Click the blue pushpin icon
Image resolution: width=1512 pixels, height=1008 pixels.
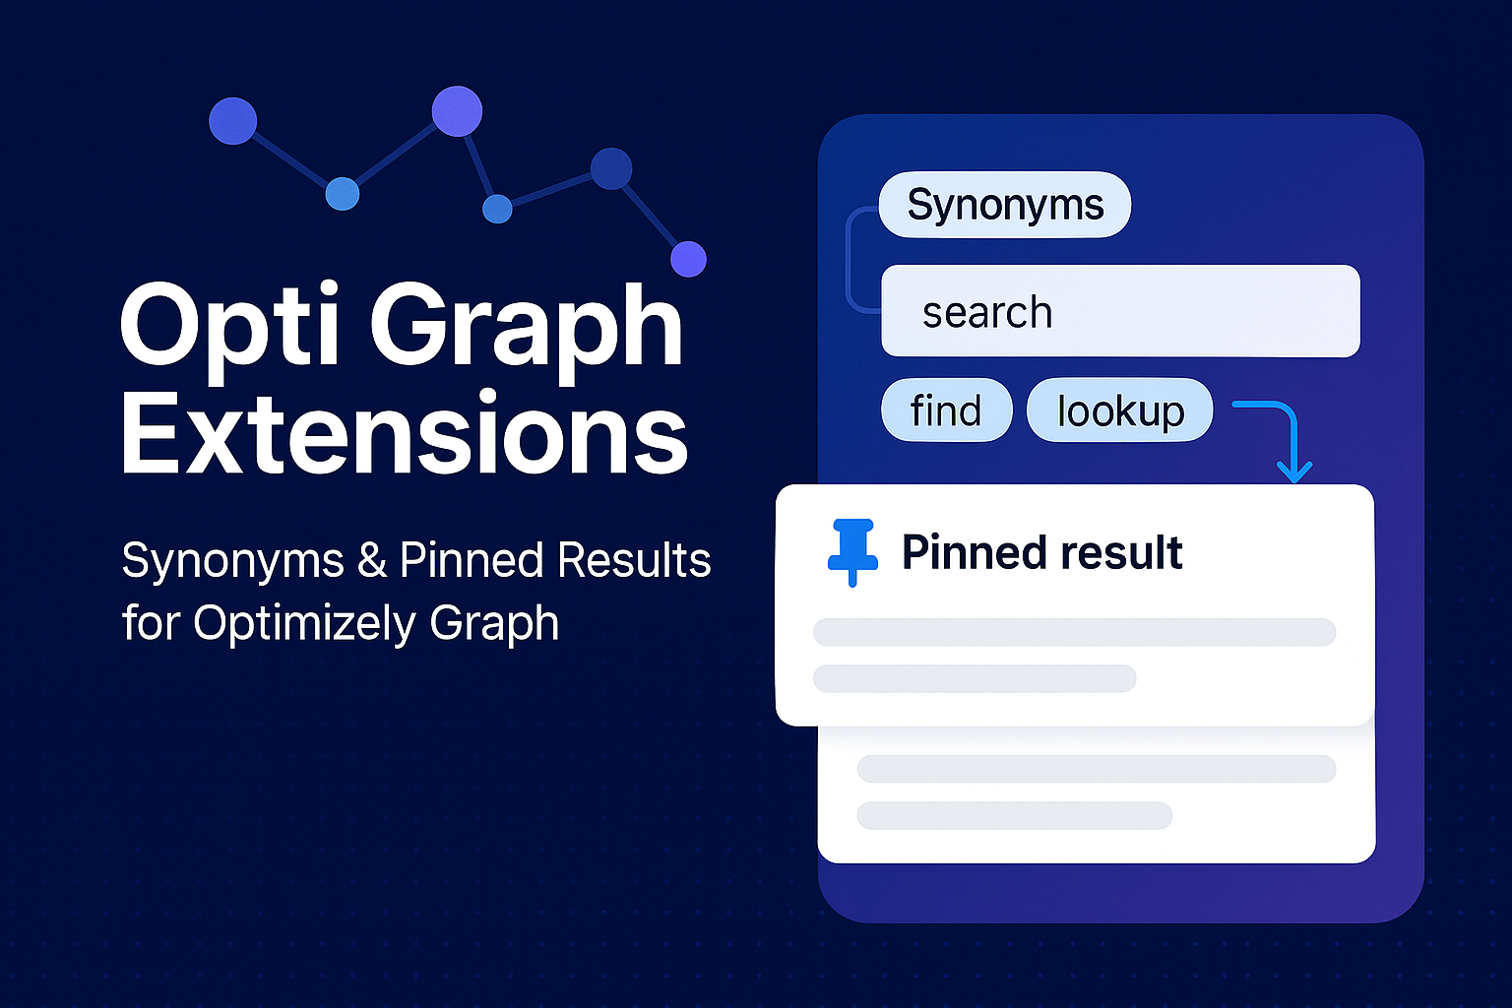[852, 552]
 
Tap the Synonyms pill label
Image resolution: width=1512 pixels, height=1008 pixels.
[1004, 205]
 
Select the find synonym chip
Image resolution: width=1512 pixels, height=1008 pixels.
[946, 409]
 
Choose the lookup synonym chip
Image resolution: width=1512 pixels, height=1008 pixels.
[1120, 409]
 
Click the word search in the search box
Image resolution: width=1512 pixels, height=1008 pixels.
[987, 312]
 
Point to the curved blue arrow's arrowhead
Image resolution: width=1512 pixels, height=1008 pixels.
[1294, 472]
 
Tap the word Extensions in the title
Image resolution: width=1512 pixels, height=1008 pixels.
[404, 432]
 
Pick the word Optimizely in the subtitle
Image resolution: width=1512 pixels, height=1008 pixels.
[303, 623]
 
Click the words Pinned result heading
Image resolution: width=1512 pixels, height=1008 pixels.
[1041, 552]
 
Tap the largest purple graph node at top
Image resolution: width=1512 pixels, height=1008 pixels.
[457, 111]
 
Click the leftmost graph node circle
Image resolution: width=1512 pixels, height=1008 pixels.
[233, 121]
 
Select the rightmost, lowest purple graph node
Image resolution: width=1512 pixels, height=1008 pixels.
[688, 259]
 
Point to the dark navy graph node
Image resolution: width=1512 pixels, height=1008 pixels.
[611, 168]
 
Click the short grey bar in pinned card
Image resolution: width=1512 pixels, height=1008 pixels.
[974, 678]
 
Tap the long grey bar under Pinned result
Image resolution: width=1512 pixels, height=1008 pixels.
[1075, 632]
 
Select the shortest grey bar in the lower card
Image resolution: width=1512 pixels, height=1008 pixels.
[1015, 816]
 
